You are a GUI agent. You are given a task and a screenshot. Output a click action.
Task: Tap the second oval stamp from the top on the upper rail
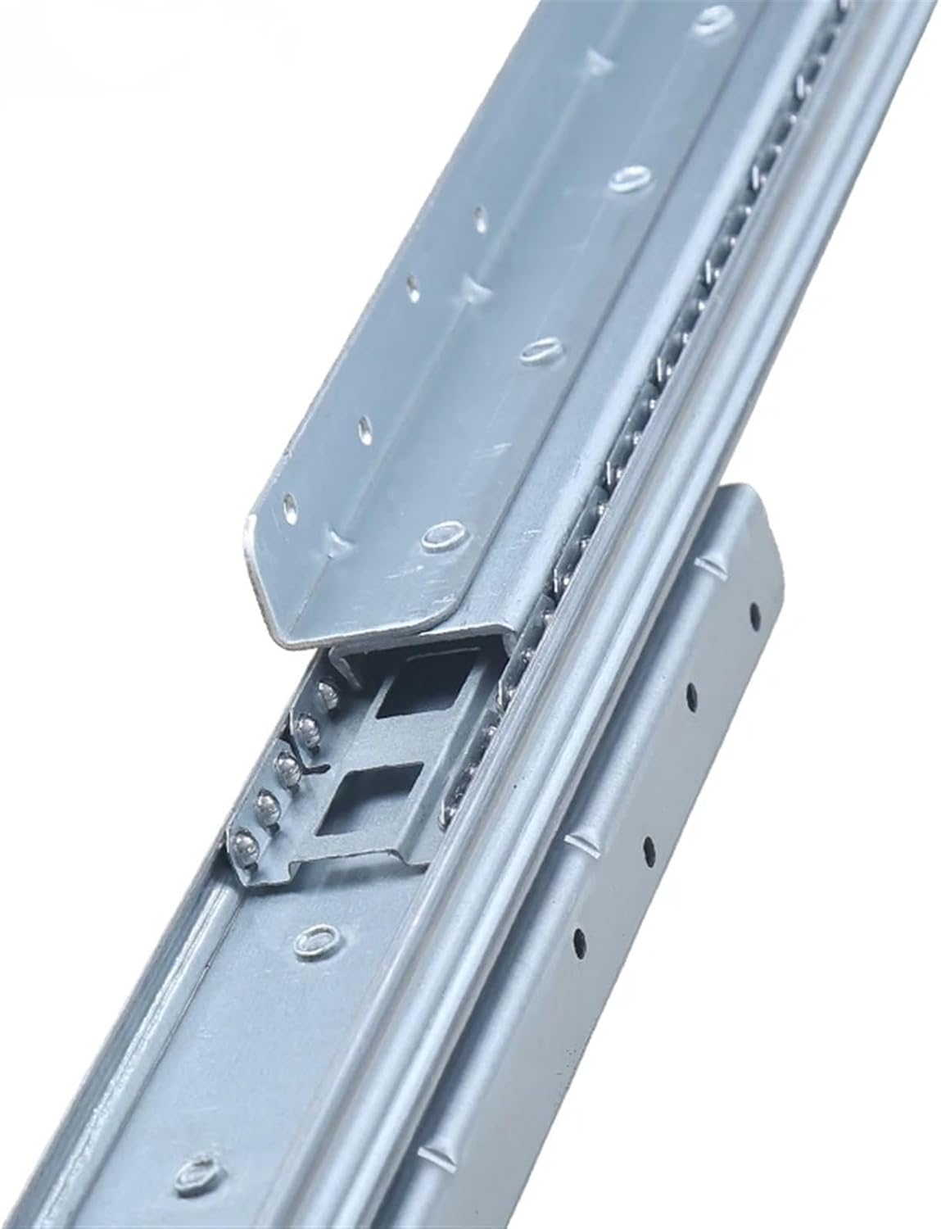pos(631,178)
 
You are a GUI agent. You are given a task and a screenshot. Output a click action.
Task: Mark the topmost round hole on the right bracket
pos(754,606)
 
